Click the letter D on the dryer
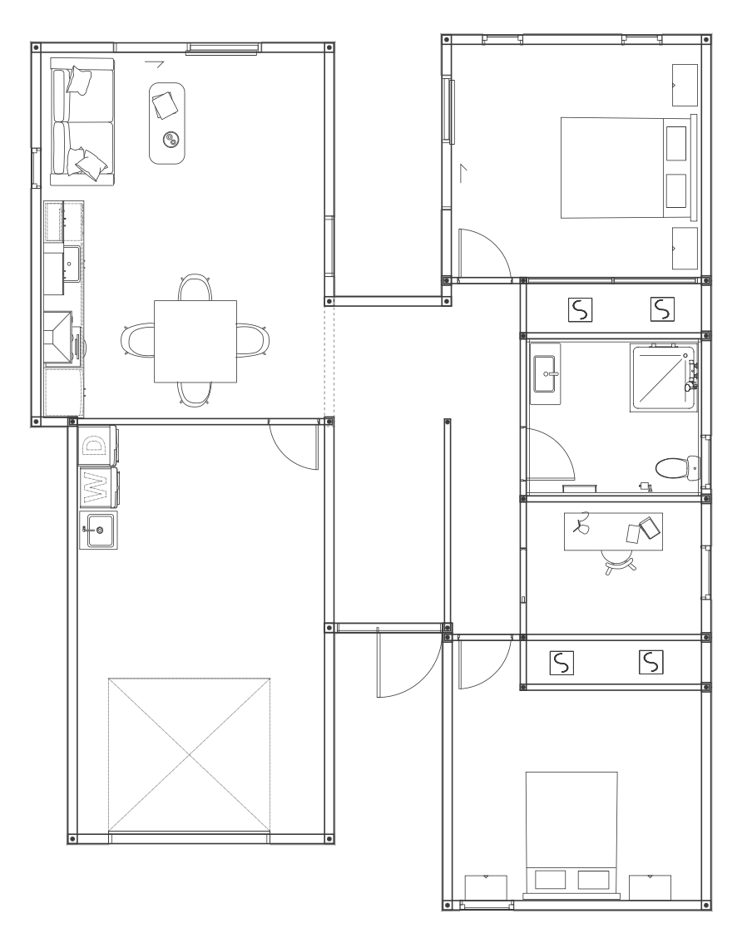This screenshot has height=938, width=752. (x=94, y=446)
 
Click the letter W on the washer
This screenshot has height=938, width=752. (x=94, y=487)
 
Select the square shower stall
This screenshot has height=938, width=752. (x=664, y=378)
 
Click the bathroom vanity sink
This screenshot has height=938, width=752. (x=545, y=374)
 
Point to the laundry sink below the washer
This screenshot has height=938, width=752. (x=99, y=530)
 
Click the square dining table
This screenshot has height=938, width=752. (x=195, y=341)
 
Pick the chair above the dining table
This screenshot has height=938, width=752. (x=195, y=288)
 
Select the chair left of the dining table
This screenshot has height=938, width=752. (x=138, y=340)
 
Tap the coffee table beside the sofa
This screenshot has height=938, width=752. (x=167, y=122)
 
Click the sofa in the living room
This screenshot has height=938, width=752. (x=82, y=122)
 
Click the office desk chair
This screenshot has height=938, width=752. (x=619, y=562)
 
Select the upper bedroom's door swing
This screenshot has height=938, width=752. (x=485, y=254)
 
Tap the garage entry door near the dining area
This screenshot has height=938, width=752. (x=294, y=445)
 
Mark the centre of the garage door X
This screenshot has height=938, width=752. (x=190, y=755)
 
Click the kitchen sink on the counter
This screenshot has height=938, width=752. (x=72, y=264)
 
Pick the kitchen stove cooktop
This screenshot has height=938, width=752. (x=58, y=338)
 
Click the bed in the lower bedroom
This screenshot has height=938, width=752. (x=571, y=835)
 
